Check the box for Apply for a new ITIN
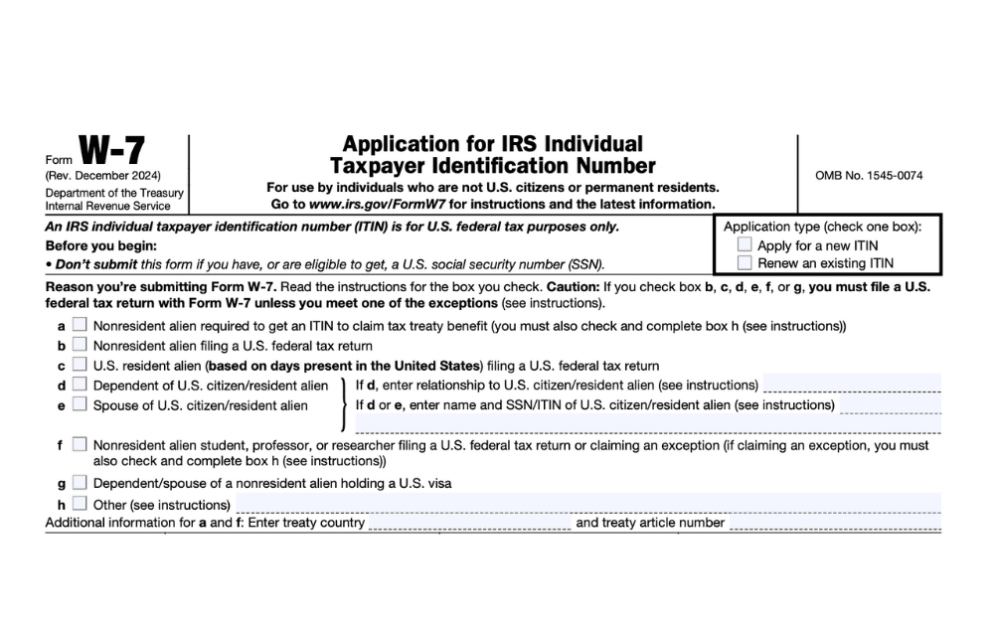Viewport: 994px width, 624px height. [x=745, y=244]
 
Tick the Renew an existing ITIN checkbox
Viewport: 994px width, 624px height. [x=745, y=263]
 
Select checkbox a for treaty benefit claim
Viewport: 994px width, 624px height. [x=80, y=325]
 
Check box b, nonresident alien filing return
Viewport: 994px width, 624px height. [x=80, y=345]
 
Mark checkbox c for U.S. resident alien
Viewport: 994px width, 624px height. [x=80, y=365]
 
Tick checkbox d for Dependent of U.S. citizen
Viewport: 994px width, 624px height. [x=80, y=385]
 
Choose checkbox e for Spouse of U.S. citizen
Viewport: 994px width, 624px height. [x=80, y=404]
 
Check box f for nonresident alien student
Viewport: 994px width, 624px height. [x=80, y=444]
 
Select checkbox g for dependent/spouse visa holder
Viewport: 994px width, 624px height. [x=80, y=483]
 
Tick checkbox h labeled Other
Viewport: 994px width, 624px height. [x=80, y=503]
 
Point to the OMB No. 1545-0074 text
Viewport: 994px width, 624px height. [x=869, y=176]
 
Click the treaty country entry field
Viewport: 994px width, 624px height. [x=469, y=523]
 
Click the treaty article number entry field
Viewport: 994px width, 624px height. [x=835, y=523]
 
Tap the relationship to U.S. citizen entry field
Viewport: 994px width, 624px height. [x=851, y=385]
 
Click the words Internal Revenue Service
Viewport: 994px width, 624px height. [x=107, y=206]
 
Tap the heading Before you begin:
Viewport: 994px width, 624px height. [x=101, y=245]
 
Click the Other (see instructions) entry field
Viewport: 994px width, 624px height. [x=586, y=504]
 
